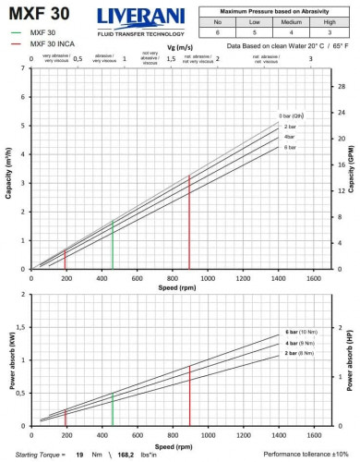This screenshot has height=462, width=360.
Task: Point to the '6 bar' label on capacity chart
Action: click(x=290, y=148)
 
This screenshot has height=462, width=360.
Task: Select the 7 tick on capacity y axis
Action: click(x=22, y=69)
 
